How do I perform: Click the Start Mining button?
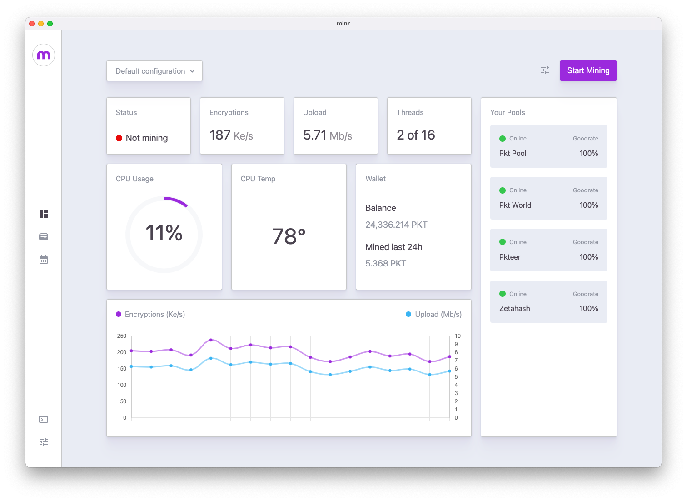pos(588,70)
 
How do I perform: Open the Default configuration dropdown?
pos(154,71)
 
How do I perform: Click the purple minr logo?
pos(44,55)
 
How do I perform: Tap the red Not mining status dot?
pos(119,138)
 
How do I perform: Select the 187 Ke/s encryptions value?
pos(231,135)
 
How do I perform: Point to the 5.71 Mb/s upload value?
pos(327,135)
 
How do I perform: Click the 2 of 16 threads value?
pos(416,135)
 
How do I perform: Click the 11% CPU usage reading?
pos(164,233)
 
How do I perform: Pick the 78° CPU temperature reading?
pos(289,236)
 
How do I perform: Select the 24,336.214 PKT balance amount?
pos(396,225)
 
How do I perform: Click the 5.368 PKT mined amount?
pos(386,263)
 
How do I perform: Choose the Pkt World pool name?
pos(515,205)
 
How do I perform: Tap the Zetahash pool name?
pos(514,308)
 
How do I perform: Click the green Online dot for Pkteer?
pos(503,242)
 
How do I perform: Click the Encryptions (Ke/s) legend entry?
pos(150,314)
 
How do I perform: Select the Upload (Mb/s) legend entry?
pos(434,314)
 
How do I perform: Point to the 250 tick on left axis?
pos(121,336)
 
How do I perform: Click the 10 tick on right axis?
pos(458,336)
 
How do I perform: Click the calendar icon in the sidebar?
pos(44,260)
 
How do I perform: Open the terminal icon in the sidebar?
pos(44,419)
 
